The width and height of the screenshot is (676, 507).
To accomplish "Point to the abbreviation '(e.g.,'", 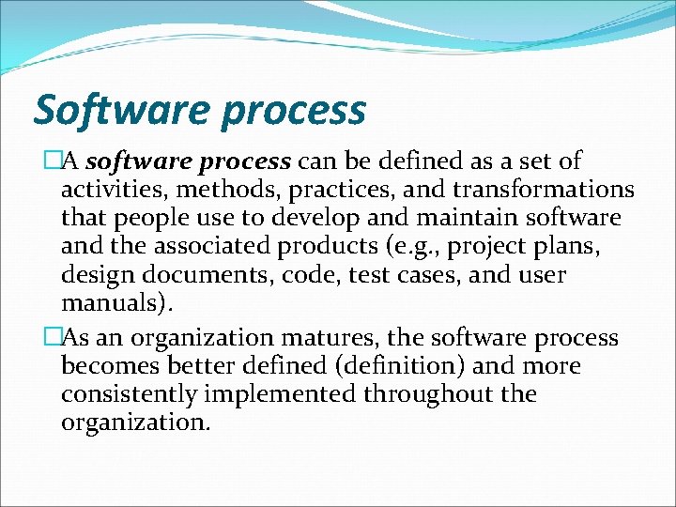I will (401, 249).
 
